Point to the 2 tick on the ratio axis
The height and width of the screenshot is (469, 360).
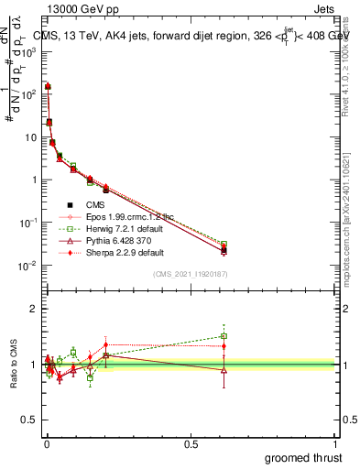(35, 309)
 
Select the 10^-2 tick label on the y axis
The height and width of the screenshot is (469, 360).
(27, 266)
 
